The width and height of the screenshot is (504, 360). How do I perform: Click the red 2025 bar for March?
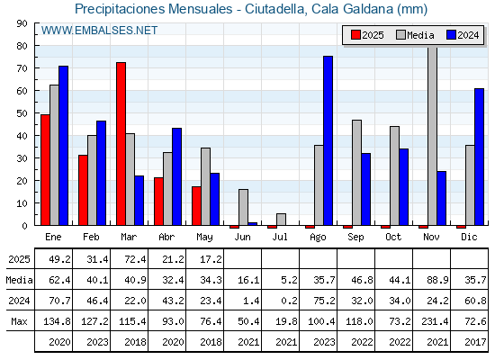[x=121, y=144]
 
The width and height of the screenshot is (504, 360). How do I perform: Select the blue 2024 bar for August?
[x=328, y=140]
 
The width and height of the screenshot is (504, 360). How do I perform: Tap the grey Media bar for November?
[x=433, y=136]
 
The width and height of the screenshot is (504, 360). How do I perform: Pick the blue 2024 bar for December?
[x=479, y=157]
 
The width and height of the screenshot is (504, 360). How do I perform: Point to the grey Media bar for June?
[x=243, y=207]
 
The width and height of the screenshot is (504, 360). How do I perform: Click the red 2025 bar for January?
[x=45, y=170]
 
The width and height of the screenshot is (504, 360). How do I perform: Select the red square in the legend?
[x=355, y=35]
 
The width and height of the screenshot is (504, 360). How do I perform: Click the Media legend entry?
[x=415, y=35]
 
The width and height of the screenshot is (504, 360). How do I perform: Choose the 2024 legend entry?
[x=463, y=35]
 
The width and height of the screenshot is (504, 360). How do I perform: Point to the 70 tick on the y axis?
[x=22, y=68]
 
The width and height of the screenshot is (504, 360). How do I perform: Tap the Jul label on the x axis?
[x=280, y=237]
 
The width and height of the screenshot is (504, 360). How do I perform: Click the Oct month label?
[x=393, y=237]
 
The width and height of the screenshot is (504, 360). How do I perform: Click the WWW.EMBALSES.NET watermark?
[x=99, y=31]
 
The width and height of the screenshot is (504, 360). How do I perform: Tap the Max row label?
[x=19, y=321]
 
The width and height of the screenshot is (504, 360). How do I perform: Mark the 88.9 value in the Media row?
[x=437, y=280]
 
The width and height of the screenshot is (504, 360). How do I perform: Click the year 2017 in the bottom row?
[x=475, y=342]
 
